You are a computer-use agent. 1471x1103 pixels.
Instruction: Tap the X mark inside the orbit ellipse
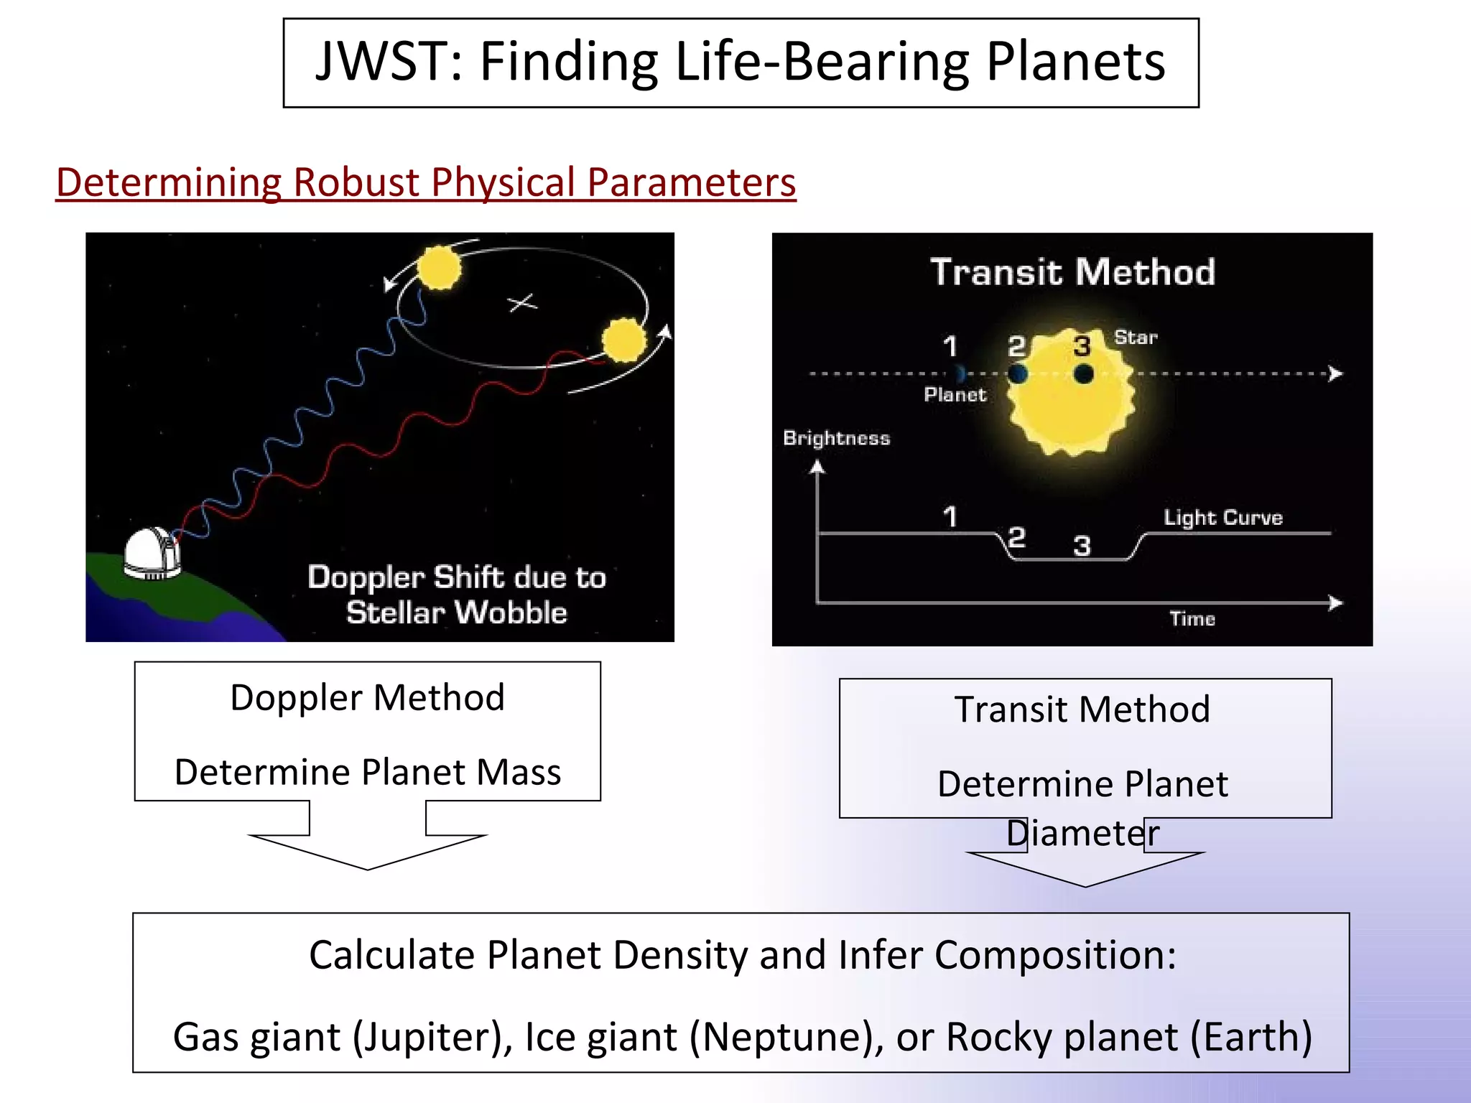tap(523, 303)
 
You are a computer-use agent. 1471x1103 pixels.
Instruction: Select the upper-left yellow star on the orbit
tap(438, 268)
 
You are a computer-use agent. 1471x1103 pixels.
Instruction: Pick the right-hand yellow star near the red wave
tap(623, 340)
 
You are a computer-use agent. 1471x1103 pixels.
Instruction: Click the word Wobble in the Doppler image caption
tap(511, 613)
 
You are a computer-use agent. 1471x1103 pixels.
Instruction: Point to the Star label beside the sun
tap(1136, 338)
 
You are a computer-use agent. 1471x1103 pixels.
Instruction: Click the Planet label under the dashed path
tap(955, 394)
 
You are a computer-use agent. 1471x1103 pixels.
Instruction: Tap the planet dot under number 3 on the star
tap(1083, 373)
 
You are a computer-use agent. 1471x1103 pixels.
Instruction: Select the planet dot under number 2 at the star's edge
tap(1017, 373)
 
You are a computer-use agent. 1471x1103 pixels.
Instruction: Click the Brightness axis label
tap(836, 438)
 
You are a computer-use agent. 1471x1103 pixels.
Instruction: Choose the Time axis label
tap(1192, 619)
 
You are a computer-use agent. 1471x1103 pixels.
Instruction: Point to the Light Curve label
tap(1222, 518)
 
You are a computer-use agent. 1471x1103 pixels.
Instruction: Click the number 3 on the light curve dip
tap(1082, 546)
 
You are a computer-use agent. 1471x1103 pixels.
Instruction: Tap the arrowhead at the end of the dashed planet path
tap(1335, 373)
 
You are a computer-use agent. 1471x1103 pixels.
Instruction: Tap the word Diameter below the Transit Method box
tap(1082, 833)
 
